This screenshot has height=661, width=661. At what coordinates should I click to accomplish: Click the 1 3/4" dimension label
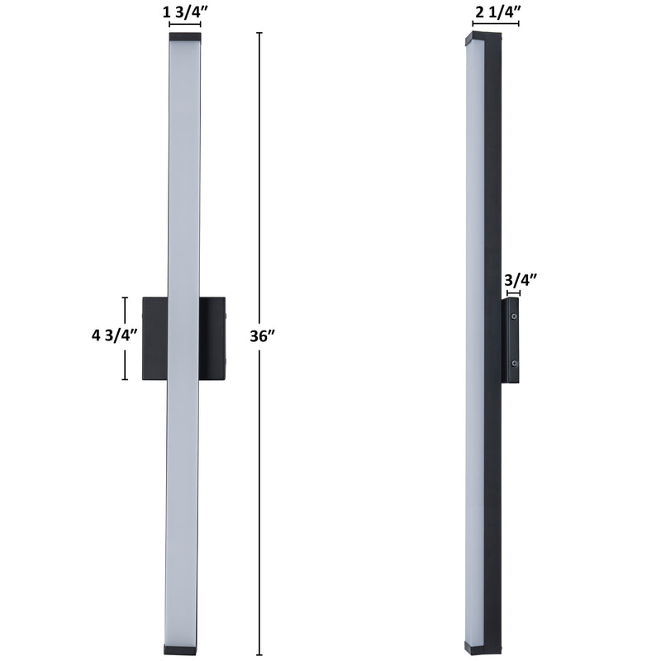(185, 12)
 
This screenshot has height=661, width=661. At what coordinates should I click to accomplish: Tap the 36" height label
(262, 336)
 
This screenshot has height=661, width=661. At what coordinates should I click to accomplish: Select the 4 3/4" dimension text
(115, 335)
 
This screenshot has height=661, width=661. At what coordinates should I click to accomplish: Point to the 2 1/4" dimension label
(497, 12)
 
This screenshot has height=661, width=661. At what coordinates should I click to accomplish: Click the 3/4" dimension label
(521, 279)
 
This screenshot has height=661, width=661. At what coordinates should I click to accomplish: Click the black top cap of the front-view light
(185, 36)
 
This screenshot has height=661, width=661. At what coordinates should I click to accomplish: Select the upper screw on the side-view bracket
(514, 316)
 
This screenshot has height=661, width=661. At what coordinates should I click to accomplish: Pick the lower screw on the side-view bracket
(514, 363)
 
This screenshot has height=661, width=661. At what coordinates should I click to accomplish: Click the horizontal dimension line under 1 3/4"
(185, 24)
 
